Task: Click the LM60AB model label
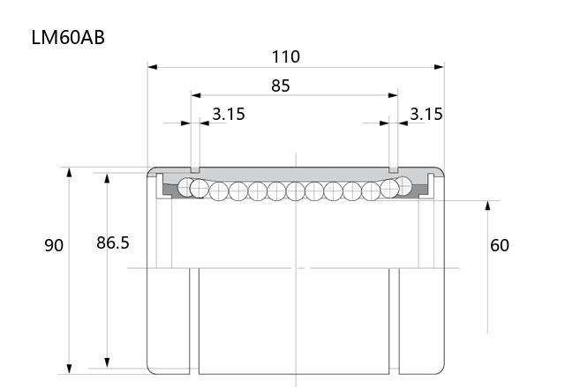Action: (x=68, y=37)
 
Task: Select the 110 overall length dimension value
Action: (x=285, y=56)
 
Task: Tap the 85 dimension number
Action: (x=281, y=86)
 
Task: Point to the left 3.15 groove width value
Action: (x=229, y=114)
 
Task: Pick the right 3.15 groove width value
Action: (x=426, y=114)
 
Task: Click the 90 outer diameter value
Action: (x=54, y=245)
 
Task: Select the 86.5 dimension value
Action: (x=113, y=243)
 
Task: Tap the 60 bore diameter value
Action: (x=500, y=245)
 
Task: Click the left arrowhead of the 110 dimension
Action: (x=153, y=67)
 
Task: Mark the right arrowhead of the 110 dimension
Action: (x=440, y=67)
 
